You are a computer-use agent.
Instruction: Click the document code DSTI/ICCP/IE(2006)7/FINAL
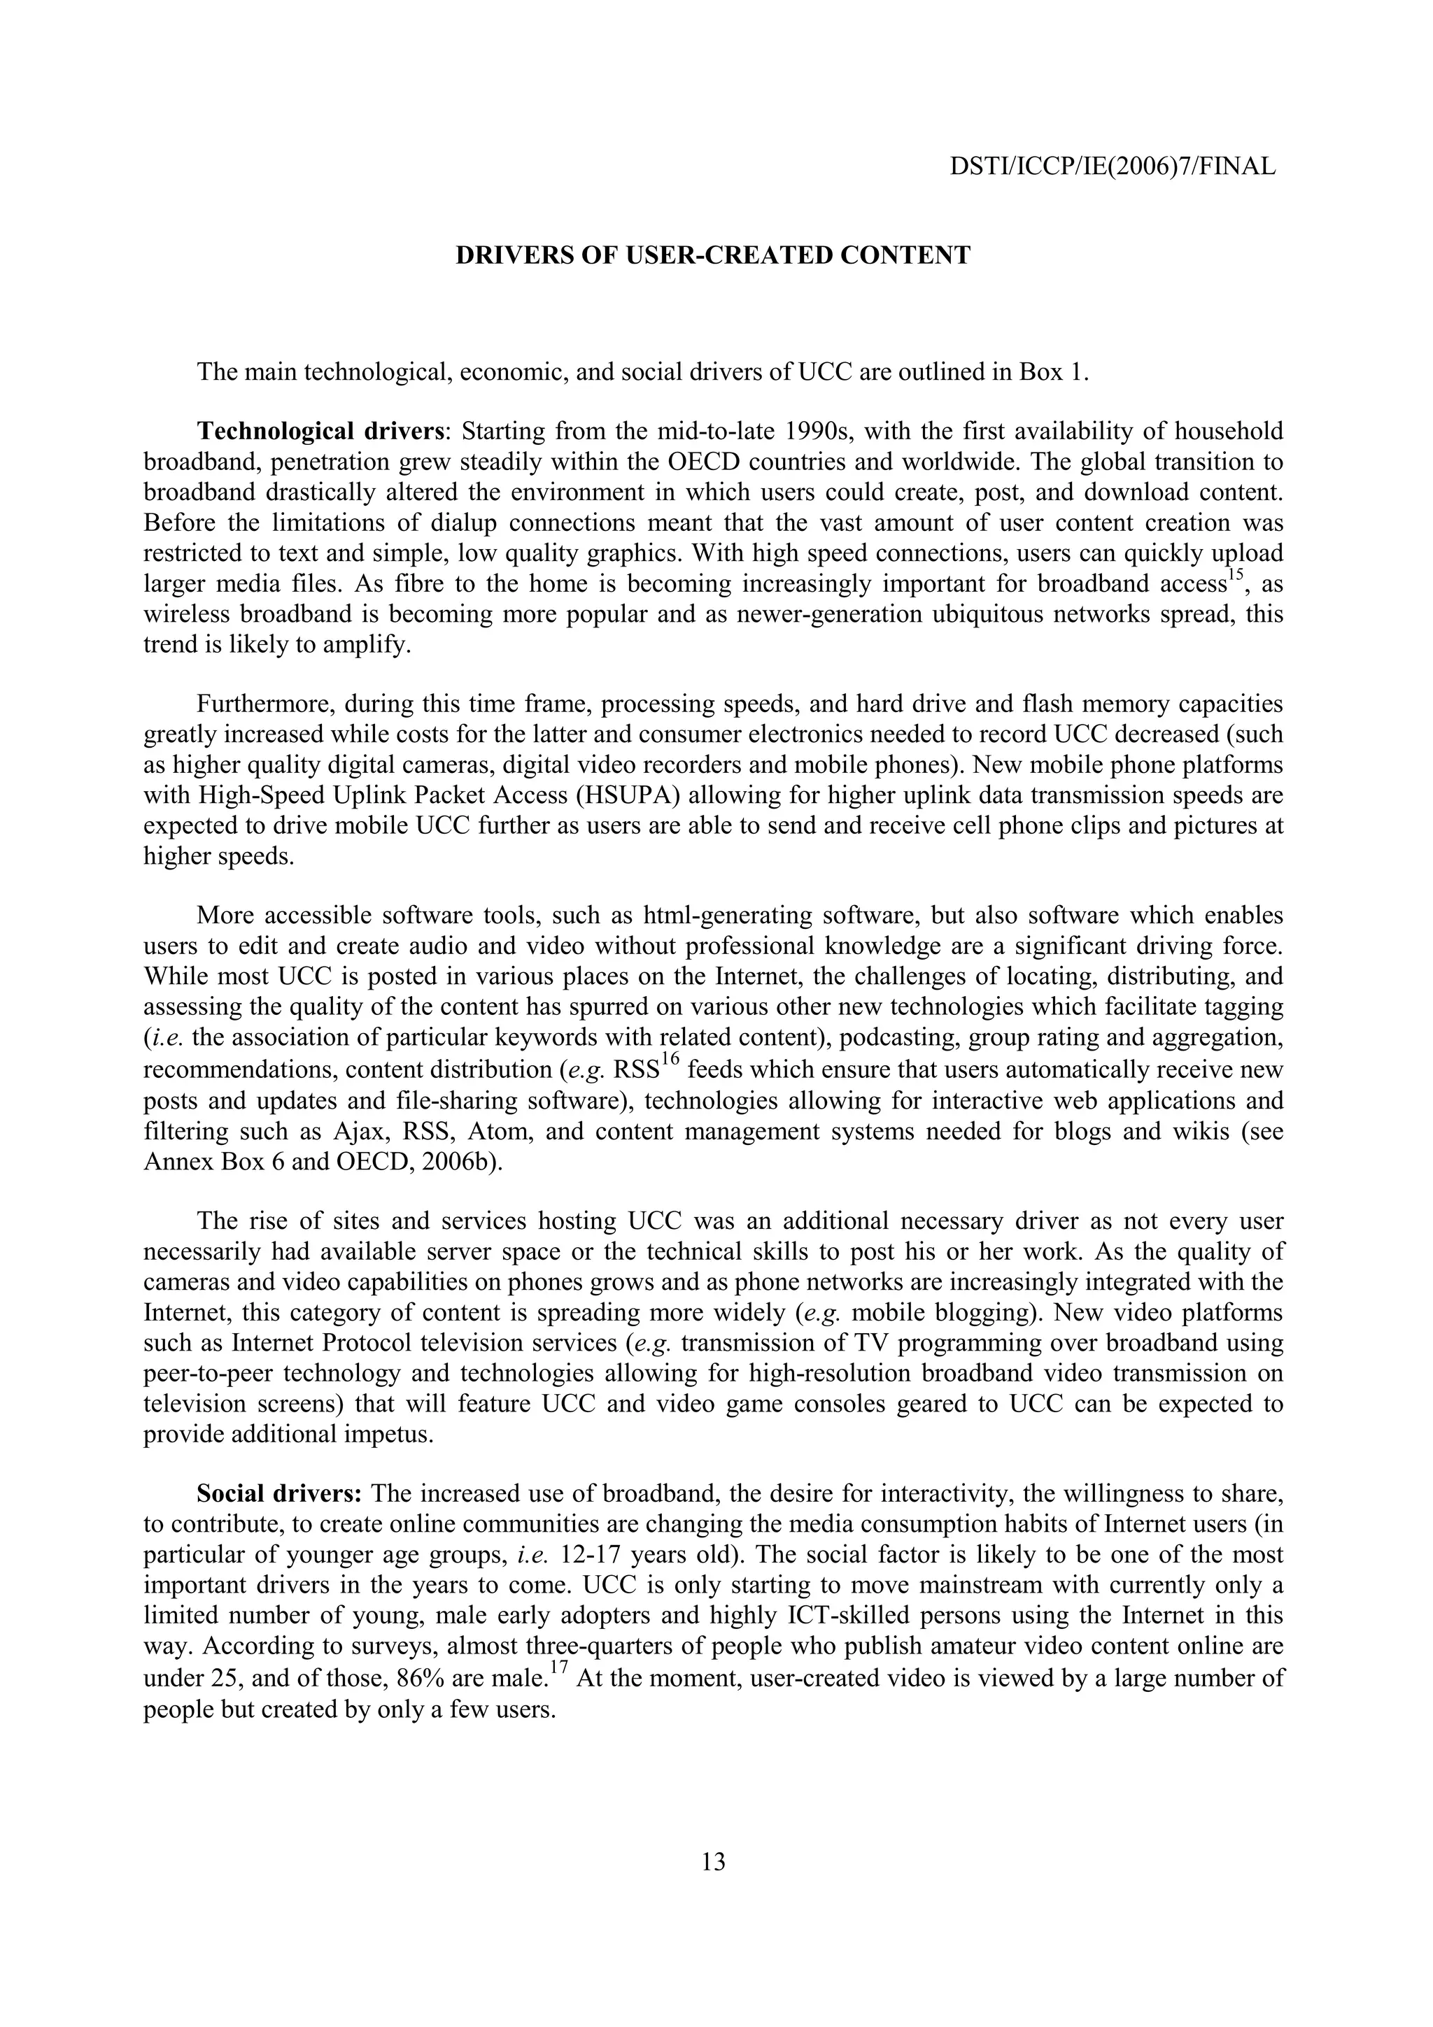pos(1113,166)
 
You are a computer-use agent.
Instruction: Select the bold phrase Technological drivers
pos(320,432)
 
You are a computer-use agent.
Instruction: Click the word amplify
pos(371,646)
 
